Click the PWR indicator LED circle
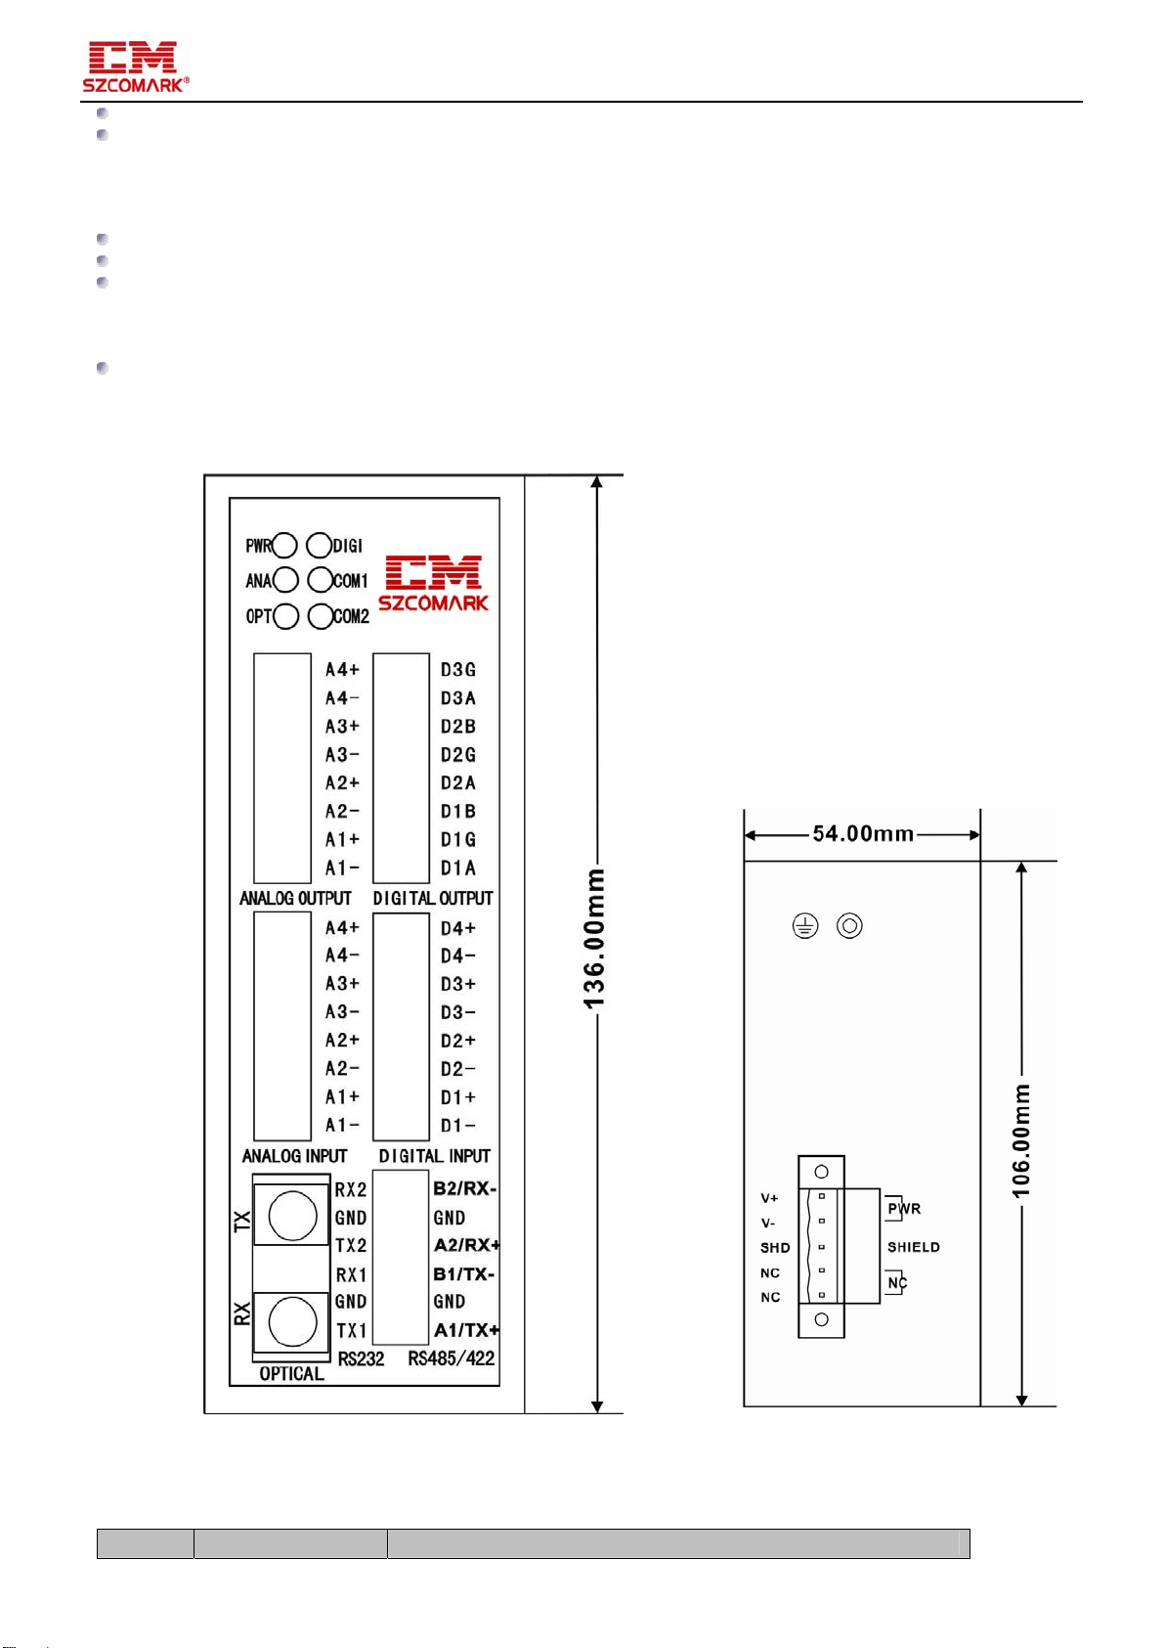284,546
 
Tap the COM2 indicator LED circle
321,616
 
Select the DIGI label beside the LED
348,546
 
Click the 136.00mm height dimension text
594,939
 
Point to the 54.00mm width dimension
863,833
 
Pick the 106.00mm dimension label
1021,1141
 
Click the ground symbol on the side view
805,925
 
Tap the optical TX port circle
292,1216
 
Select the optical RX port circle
292,1321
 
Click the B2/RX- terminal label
464,1189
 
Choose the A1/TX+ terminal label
466,1330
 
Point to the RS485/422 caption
452,1358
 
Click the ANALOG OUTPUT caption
295,898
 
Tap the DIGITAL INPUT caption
435,1156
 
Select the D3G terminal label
458,670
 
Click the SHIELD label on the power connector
913,1247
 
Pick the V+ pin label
769,1198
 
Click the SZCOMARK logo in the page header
135,67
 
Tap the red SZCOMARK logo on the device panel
433,583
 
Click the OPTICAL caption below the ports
292,1373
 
